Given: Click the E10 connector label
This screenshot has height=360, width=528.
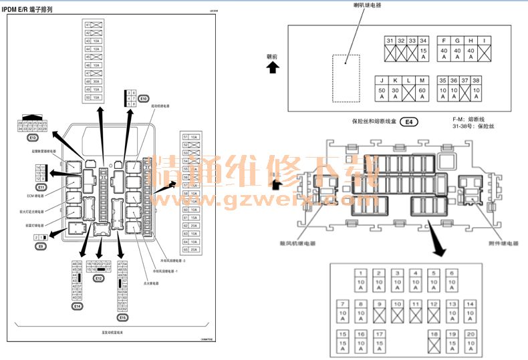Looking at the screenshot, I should [x=143, y=98].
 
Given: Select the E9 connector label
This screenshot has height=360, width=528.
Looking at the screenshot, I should [x=41, y=246].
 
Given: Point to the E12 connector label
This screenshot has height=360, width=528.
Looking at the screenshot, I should [x=99, y=277].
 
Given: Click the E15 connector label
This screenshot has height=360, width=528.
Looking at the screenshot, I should [x=122, y=317].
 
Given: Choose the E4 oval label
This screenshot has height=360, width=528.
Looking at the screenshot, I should [x=409, y=122].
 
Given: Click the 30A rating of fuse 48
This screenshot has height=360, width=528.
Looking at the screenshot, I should [x=96, y=81].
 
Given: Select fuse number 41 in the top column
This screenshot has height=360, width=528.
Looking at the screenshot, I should [x=88, y=25].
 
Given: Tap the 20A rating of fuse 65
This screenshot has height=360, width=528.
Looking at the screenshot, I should [x=194, y=249].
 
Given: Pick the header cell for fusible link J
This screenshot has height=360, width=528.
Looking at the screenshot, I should [x=382, y=80].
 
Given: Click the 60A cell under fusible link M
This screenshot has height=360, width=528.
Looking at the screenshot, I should [x=422, y=94].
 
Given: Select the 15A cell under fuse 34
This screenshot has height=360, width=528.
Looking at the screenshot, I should [x=423, y=53].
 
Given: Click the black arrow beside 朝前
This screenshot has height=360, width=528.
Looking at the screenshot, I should [x=272, y=67].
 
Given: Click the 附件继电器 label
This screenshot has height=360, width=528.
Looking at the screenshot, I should [x=502, y=244].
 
